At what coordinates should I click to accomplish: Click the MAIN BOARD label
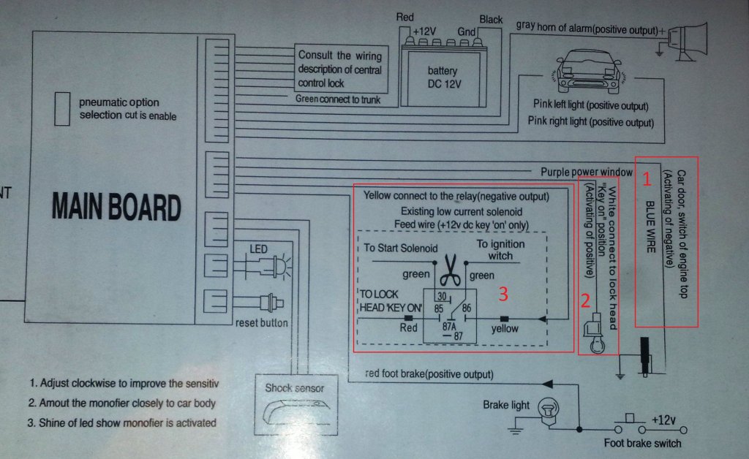116,207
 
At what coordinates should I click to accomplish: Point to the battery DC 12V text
443,77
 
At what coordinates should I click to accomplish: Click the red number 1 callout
646,177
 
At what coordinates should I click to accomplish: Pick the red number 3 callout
503,294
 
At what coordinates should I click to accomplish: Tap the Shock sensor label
294,387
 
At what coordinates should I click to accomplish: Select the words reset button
262,323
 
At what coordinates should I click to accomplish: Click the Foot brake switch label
642,443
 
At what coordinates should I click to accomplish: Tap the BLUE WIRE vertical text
649,227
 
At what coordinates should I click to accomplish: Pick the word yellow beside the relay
504,328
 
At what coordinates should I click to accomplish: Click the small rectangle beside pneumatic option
64,107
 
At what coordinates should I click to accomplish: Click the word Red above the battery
405,17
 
